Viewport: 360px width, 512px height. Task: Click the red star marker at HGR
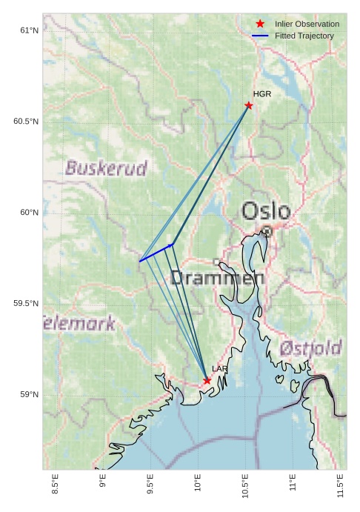(249, 105)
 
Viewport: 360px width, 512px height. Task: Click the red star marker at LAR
(207, 381)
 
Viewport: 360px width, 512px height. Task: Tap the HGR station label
(262, 94)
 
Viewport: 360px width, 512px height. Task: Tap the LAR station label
(220, 369)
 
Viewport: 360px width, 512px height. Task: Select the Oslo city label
(266, 211)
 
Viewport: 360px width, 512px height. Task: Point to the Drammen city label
(217, 278)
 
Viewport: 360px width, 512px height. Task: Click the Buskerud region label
(106, 168)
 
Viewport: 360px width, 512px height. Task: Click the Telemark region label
(79, 323)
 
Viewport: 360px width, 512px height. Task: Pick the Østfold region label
(311, 348)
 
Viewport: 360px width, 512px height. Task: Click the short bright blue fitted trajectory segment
(156, 253)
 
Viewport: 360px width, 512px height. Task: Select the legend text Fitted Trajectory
(304, 36)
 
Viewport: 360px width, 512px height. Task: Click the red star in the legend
(260, 24)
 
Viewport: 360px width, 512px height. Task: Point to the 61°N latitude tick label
(28, 30)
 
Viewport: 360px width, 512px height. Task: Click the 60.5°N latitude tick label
(25, 122)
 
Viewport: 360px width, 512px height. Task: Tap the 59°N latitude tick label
(28, 394)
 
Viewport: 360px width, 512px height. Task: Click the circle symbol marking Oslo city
(267, 231)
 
